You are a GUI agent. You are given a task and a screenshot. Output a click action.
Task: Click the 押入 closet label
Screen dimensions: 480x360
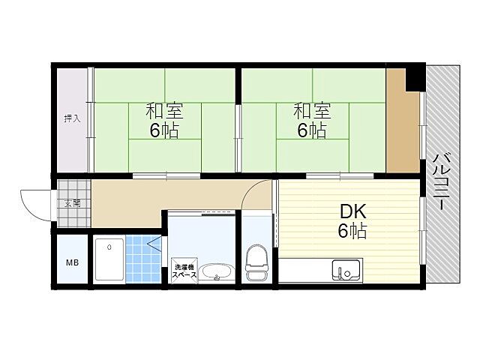click(x=72, y=118)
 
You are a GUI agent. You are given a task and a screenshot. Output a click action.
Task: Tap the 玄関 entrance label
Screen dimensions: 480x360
click(x=72, y=203)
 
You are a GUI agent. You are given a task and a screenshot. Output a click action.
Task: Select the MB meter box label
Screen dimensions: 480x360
click(x=73, y=262)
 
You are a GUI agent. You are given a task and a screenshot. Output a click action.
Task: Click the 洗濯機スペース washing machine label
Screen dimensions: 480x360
click(x=184, y=271)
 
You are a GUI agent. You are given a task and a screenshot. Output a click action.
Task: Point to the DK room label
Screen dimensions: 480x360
click(x=353, y=211)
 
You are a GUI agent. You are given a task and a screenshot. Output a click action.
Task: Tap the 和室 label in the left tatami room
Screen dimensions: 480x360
click(x=164, y=111)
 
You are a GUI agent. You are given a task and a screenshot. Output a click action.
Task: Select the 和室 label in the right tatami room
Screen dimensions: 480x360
click(x=312, y=111)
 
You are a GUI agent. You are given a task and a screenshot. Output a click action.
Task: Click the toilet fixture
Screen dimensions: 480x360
click(x=256, y=262)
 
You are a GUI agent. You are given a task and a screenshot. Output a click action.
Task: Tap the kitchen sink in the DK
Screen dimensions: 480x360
click(x=346, y=270)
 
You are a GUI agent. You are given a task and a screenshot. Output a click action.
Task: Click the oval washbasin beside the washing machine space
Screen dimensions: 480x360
click(x=217, y=272)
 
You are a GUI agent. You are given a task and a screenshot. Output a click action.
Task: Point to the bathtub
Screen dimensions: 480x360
click(x=109, y=259)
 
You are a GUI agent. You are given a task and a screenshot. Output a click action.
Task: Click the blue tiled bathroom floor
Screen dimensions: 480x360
click(x=143, y=259)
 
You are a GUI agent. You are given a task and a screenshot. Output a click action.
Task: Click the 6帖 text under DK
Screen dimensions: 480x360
click(x=352, y=231)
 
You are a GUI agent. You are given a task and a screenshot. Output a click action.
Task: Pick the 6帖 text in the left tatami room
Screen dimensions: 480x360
click(x=164, y=130)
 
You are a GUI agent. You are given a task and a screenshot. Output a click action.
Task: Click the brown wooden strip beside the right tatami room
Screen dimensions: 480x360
click(x=401, y=120)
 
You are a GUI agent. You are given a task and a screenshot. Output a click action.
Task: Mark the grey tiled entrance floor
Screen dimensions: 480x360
click(x=74, y=203)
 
